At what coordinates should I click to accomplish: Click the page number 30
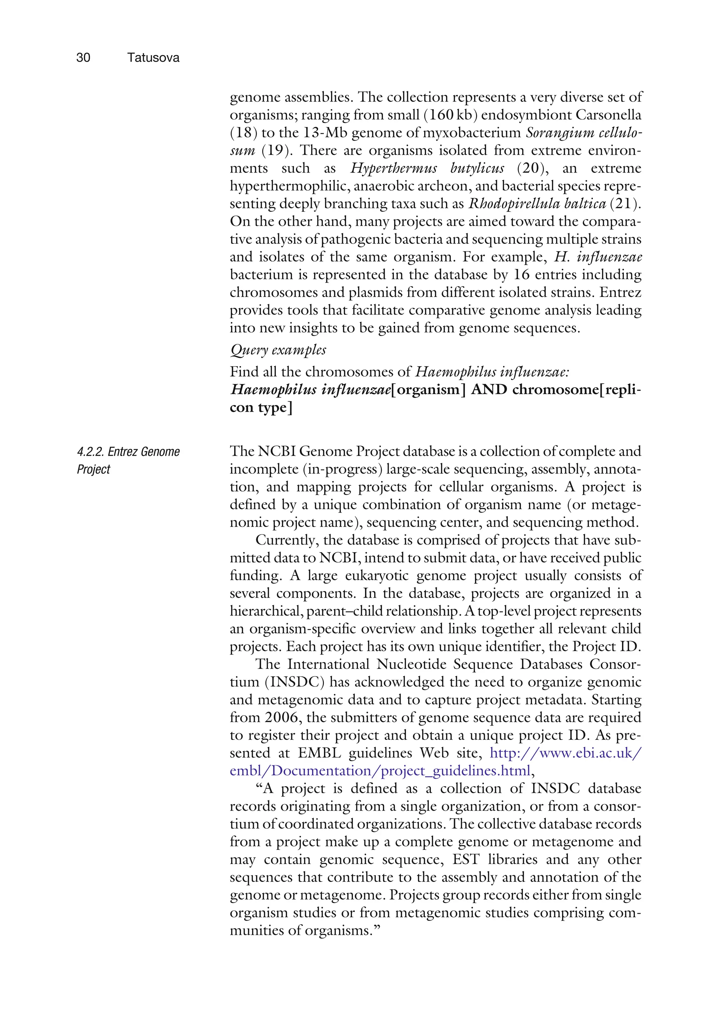83,58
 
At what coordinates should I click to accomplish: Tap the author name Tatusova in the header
153,58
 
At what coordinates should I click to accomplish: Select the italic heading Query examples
278,350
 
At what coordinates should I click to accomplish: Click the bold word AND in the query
489,390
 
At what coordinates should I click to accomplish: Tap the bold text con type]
261,407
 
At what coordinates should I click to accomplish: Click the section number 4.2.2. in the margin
91,452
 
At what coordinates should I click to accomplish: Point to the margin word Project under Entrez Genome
93,470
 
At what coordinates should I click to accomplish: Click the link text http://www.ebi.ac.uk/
565,753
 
